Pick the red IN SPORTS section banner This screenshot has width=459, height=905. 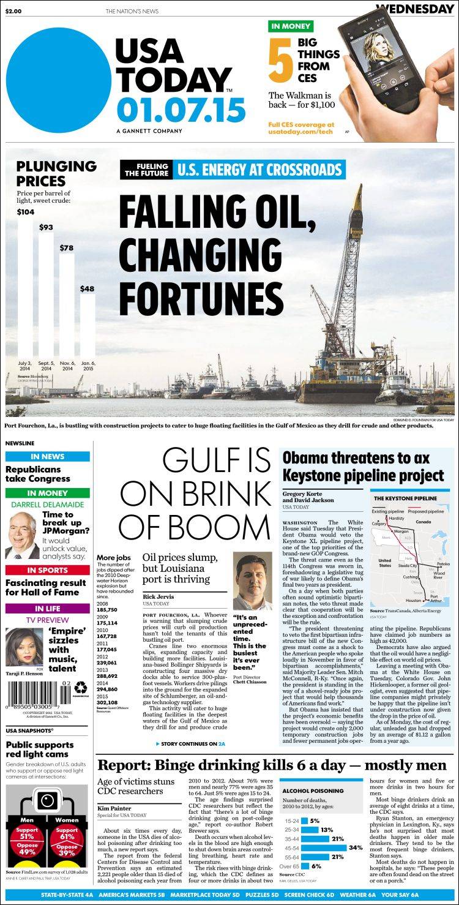[48, 570]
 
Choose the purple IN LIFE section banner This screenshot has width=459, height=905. [48, 609]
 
